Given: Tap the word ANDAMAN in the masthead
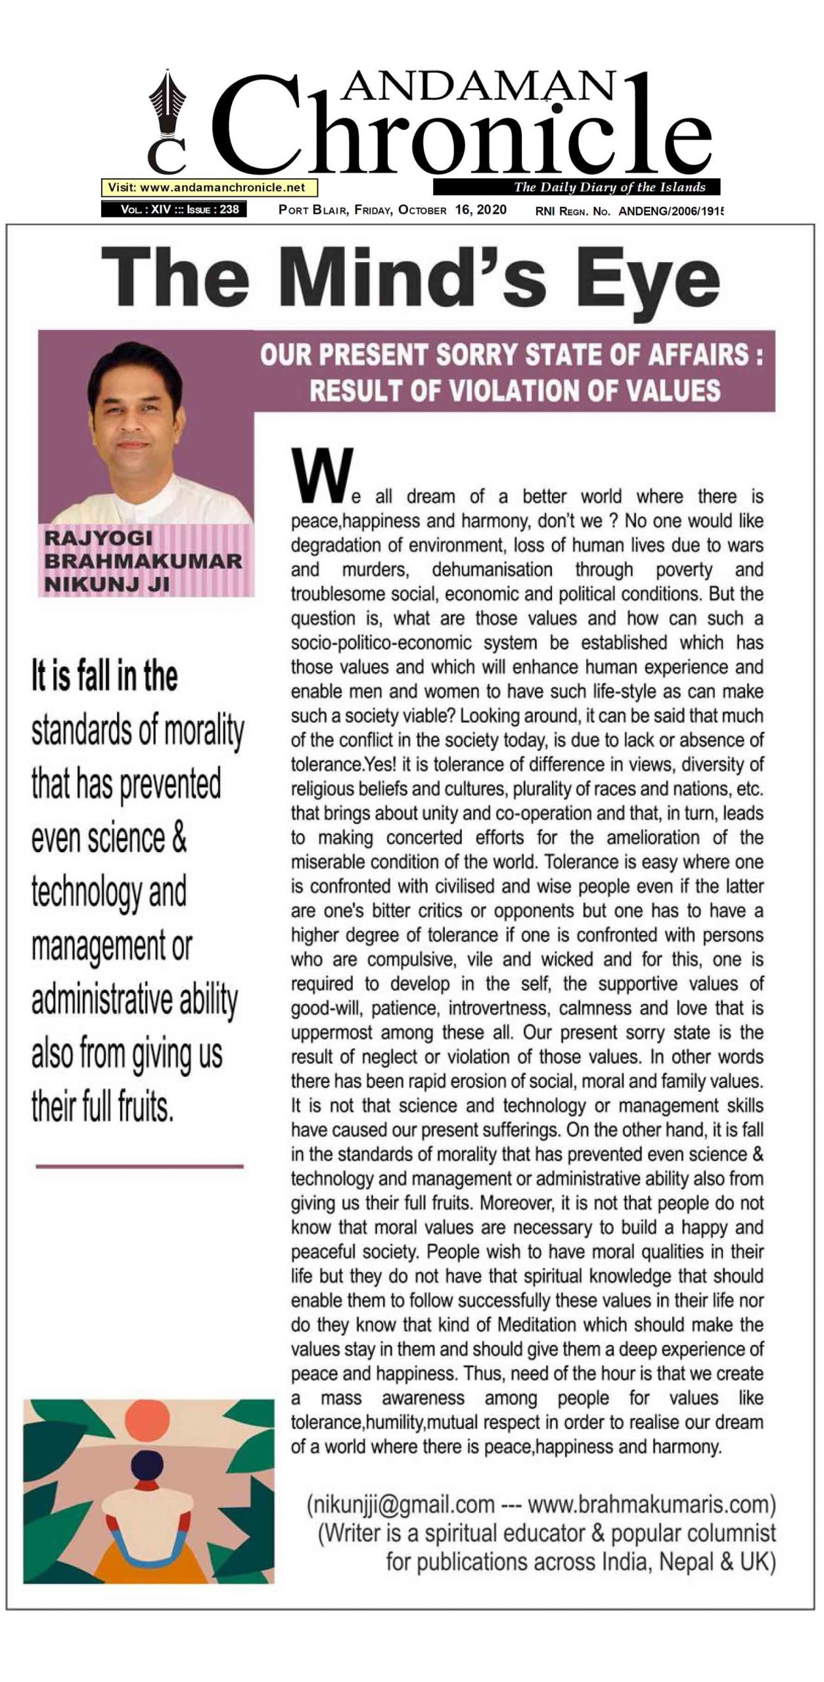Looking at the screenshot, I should coord(479,86).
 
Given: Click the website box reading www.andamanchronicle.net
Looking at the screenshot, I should coord(209,188).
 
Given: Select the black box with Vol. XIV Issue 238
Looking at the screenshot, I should coord(174,210).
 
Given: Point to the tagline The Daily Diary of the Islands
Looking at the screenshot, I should coord(609,187).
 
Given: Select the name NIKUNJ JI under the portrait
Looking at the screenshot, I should coord(106,583).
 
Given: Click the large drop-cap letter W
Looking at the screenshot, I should coord(322,475).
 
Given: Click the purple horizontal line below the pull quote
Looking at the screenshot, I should coord(139,1166).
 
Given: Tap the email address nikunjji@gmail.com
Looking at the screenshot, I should coord(401,1504).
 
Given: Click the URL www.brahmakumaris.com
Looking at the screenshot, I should coord(651,1504).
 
